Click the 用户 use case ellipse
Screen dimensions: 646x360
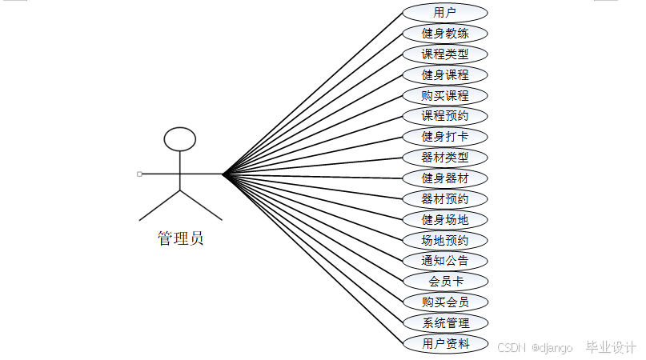[x=445, y=13]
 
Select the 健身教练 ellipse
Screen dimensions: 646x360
[x=445, y=34]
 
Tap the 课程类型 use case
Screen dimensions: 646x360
[x=445, y=54]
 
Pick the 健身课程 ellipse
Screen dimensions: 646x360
[x=445, y=75]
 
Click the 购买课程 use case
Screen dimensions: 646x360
[x=445, y=96]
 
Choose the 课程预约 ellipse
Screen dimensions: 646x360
[x=445, y=116]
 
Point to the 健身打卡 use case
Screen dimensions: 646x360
[x=445, y=137]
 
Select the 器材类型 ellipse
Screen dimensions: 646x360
[x=445, y=158]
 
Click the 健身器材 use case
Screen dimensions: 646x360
[x=445, y=178]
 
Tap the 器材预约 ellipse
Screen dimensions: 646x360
[x=445, y=199]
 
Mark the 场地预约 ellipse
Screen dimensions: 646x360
[x=445, y=240]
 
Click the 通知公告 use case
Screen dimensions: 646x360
[x=445, y=261]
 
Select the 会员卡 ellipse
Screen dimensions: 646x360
[x=445, y=282]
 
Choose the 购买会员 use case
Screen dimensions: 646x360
[x=445, y=302]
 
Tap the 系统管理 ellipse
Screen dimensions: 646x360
[x=445, y=323]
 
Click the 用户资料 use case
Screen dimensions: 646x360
[x=445, y=344]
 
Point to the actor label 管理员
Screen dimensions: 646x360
[x=180, y=238]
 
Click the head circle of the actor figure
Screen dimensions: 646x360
[x=180, y=139]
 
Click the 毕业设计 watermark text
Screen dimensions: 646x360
[x=611, y=347]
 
